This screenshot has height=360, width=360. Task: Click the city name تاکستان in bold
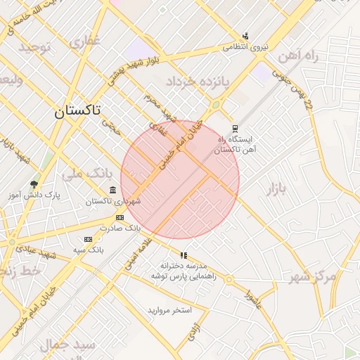click(77, 110)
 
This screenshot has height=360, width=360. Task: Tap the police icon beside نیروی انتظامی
click(245, 36)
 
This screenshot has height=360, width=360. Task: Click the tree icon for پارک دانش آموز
click(34, 185)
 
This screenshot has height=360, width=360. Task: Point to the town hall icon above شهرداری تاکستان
click(113, 191)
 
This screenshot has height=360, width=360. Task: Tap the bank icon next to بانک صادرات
click(120, 218)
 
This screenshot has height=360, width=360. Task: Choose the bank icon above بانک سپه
click(88, 240)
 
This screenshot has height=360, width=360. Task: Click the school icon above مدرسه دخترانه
click(184, 255)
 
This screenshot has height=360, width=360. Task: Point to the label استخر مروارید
click(174, 310)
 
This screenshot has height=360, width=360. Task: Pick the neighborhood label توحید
click(35, 47)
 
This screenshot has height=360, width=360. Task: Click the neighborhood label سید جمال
click(67, 345)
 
